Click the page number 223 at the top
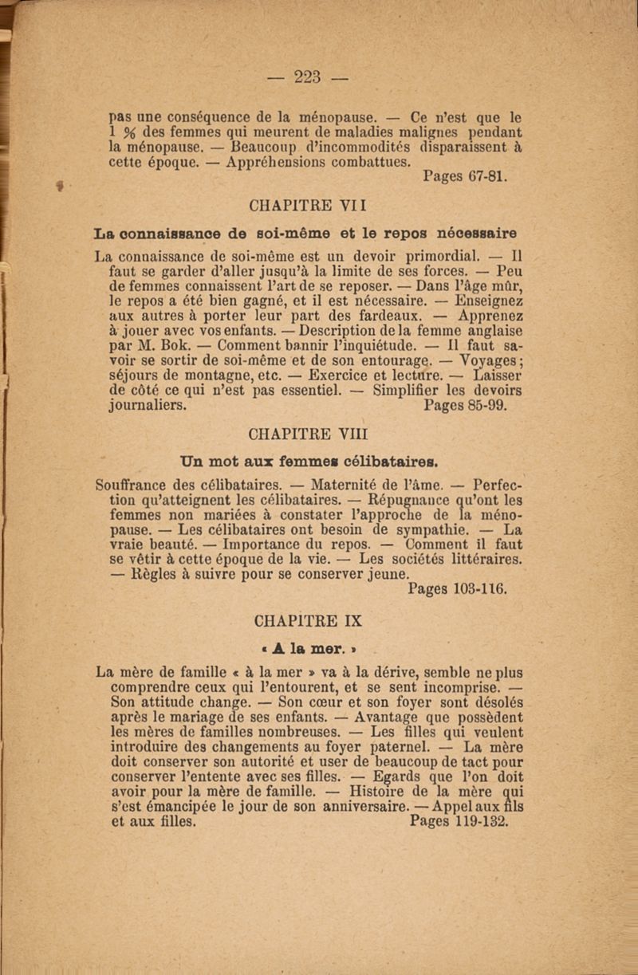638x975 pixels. (x=307, y=77)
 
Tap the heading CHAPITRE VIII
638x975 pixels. (x=308, y=435)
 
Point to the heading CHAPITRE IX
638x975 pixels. (x=308, y=619)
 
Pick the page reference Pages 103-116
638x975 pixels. (x=457, y=589)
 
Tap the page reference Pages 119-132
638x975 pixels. (x=459, y=821)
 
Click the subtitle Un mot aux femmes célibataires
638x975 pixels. (x=307, y=460)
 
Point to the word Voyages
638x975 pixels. (x=486, y=360)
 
